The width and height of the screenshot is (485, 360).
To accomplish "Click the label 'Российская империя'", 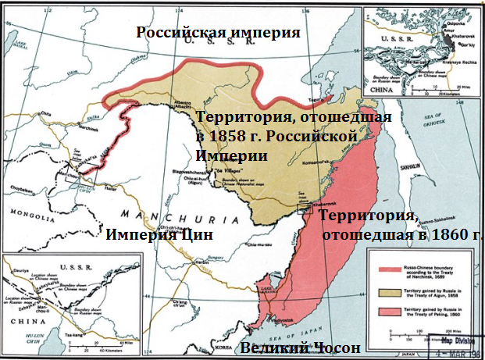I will tap(218, 32).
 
